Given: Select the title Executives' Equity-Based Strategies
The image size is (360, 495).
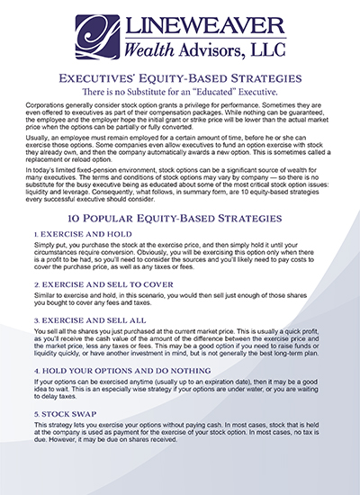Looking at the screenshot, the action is (180, 79).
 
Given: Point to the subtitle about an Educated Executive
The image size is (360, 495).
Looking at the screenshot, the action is (180, 94).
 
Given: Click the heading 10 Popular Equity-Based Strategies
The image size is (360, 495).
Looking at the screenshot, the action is (180, 219).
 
